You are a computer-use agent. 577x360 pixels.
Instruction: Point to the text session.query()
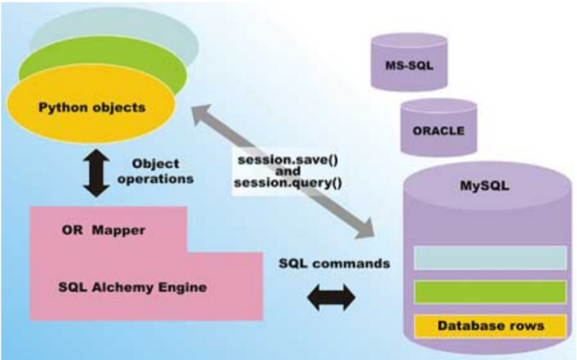click(x=282, y=182)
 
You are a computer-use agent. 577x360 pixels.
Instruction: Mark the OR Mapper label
click(x=103, y=230)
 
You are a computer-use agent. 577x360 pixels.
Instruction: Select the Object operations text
click(x=155, y=171)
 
